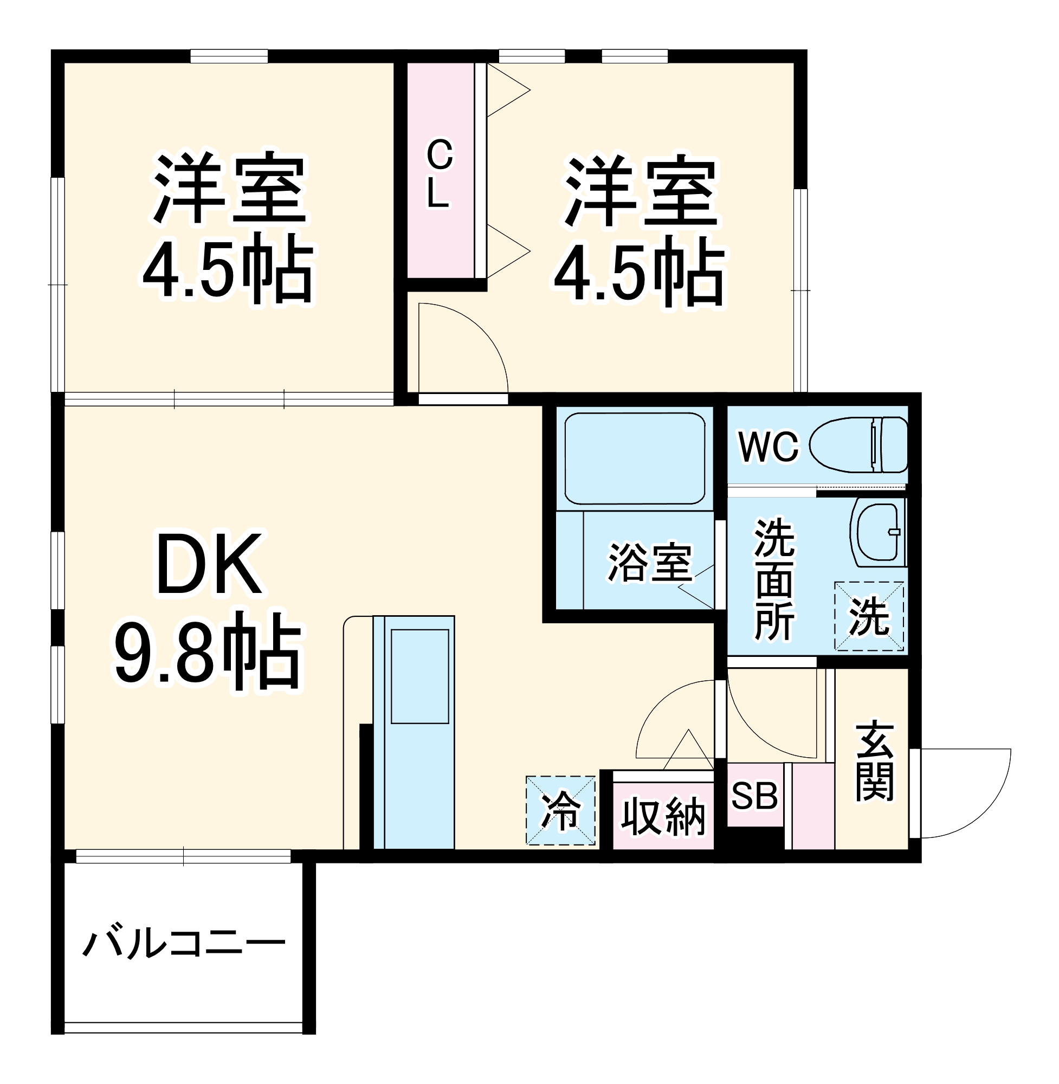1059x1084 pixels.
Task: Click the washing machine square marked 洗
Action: [869, 616]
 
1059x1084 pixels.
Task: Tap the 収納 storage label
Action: [663, 816]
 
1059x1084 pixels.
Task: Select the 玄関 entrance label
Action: [874, 762]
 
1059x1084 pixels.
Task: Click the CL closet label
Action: [440, 173]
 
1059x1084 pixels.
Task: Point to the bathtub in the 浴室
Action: [635, 459]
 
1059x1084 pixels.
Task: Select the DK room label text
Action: [209, 564]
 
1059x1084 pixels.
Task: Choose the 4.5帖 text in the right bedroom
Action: [640, 272]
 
